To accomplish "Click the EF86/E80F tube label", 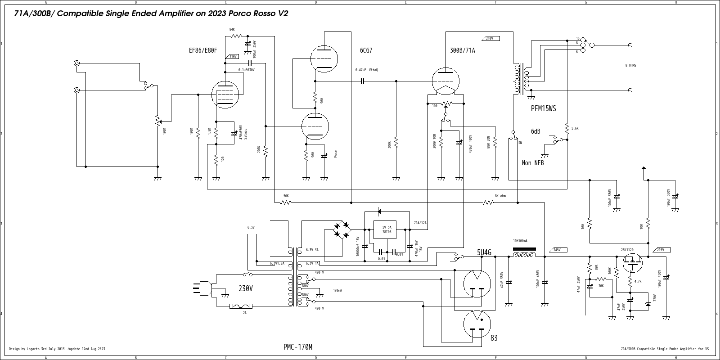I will point(202,50).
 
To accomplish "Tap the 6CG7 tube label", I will point(366,50).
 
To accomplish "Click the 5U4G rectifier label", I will point(484,252).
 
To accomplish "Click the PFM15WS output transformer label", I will point(544,108).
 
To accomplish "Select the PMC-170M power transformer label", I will point(297,347).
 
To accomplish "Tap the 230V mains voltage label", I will point(245,288).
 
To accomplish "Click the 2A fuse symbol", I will point(241,306).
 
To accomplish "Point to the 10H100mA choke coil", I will point(524,255).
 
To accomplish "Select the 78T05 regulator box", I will point(387,229).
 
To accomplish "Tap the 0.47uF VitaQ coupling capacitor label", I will point(366,70).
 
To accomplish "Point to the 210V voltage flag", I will point(490,39).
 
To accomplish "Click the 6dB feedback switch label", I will point(535,131).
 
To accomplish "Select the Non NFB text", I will point(532,163).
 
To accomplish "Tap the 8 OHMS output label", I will point(630,66).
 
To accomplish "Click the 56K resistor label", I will point(286,196).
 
